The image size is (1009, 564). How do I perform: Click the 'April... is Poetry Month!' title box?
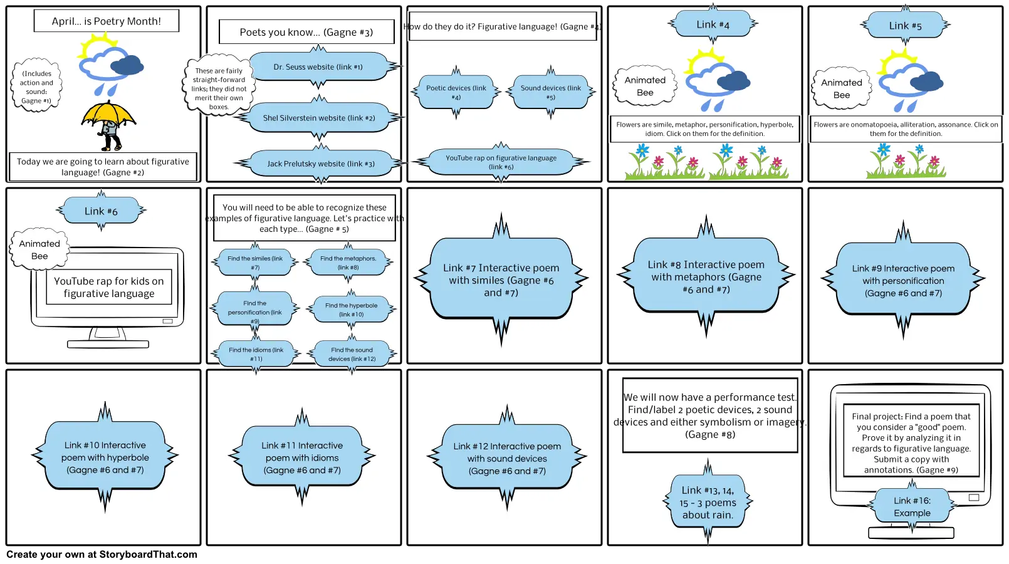click(106, 21)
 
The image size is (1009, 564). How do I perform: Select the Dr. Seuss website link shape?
click(318, 66)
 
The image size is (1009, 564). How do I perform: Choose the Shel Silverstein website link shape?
click(318, 118)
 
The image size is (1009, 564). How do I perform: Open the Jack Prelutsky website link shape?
click(320, 164)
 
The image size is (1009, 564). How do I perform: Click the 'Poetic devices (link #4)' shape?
click(456, 92)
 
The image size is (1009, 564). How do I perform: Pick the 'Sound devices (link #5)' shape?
click(550, 92)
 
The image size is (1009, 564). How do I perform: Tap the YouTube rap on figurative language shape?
click(501, 162)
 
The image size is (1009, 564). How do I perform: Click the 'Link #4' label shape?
click(713, 24)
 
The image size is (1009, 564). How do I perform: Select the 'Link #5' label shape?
click(905, 26)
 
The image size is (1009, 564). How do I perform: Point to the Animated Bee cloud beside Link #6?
click(39, 249)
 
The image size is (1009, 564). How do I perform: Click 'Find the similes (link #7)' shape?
click(255, 263)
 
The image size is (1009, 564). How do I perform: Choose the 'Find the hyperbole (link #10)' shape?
click(351, 310)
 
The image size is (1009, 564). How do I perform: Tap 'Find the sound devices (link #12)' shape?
click(352, 354)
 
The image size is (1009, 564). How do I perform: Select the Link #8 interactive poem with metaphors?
click(706, 276)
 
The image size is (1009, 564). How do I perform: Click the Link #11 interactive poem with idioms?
click(302, 457)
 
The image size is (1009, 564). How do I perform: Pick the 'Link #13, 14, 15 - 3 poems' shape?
click(708, 503)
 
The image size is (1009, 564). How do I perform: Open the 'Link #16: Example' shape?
click(912, 506)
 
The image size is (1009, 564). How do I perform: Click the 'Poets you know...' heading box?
click(306, 32)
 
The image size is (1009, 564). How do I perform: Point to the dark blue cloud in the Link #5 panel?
click(926, 81)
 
